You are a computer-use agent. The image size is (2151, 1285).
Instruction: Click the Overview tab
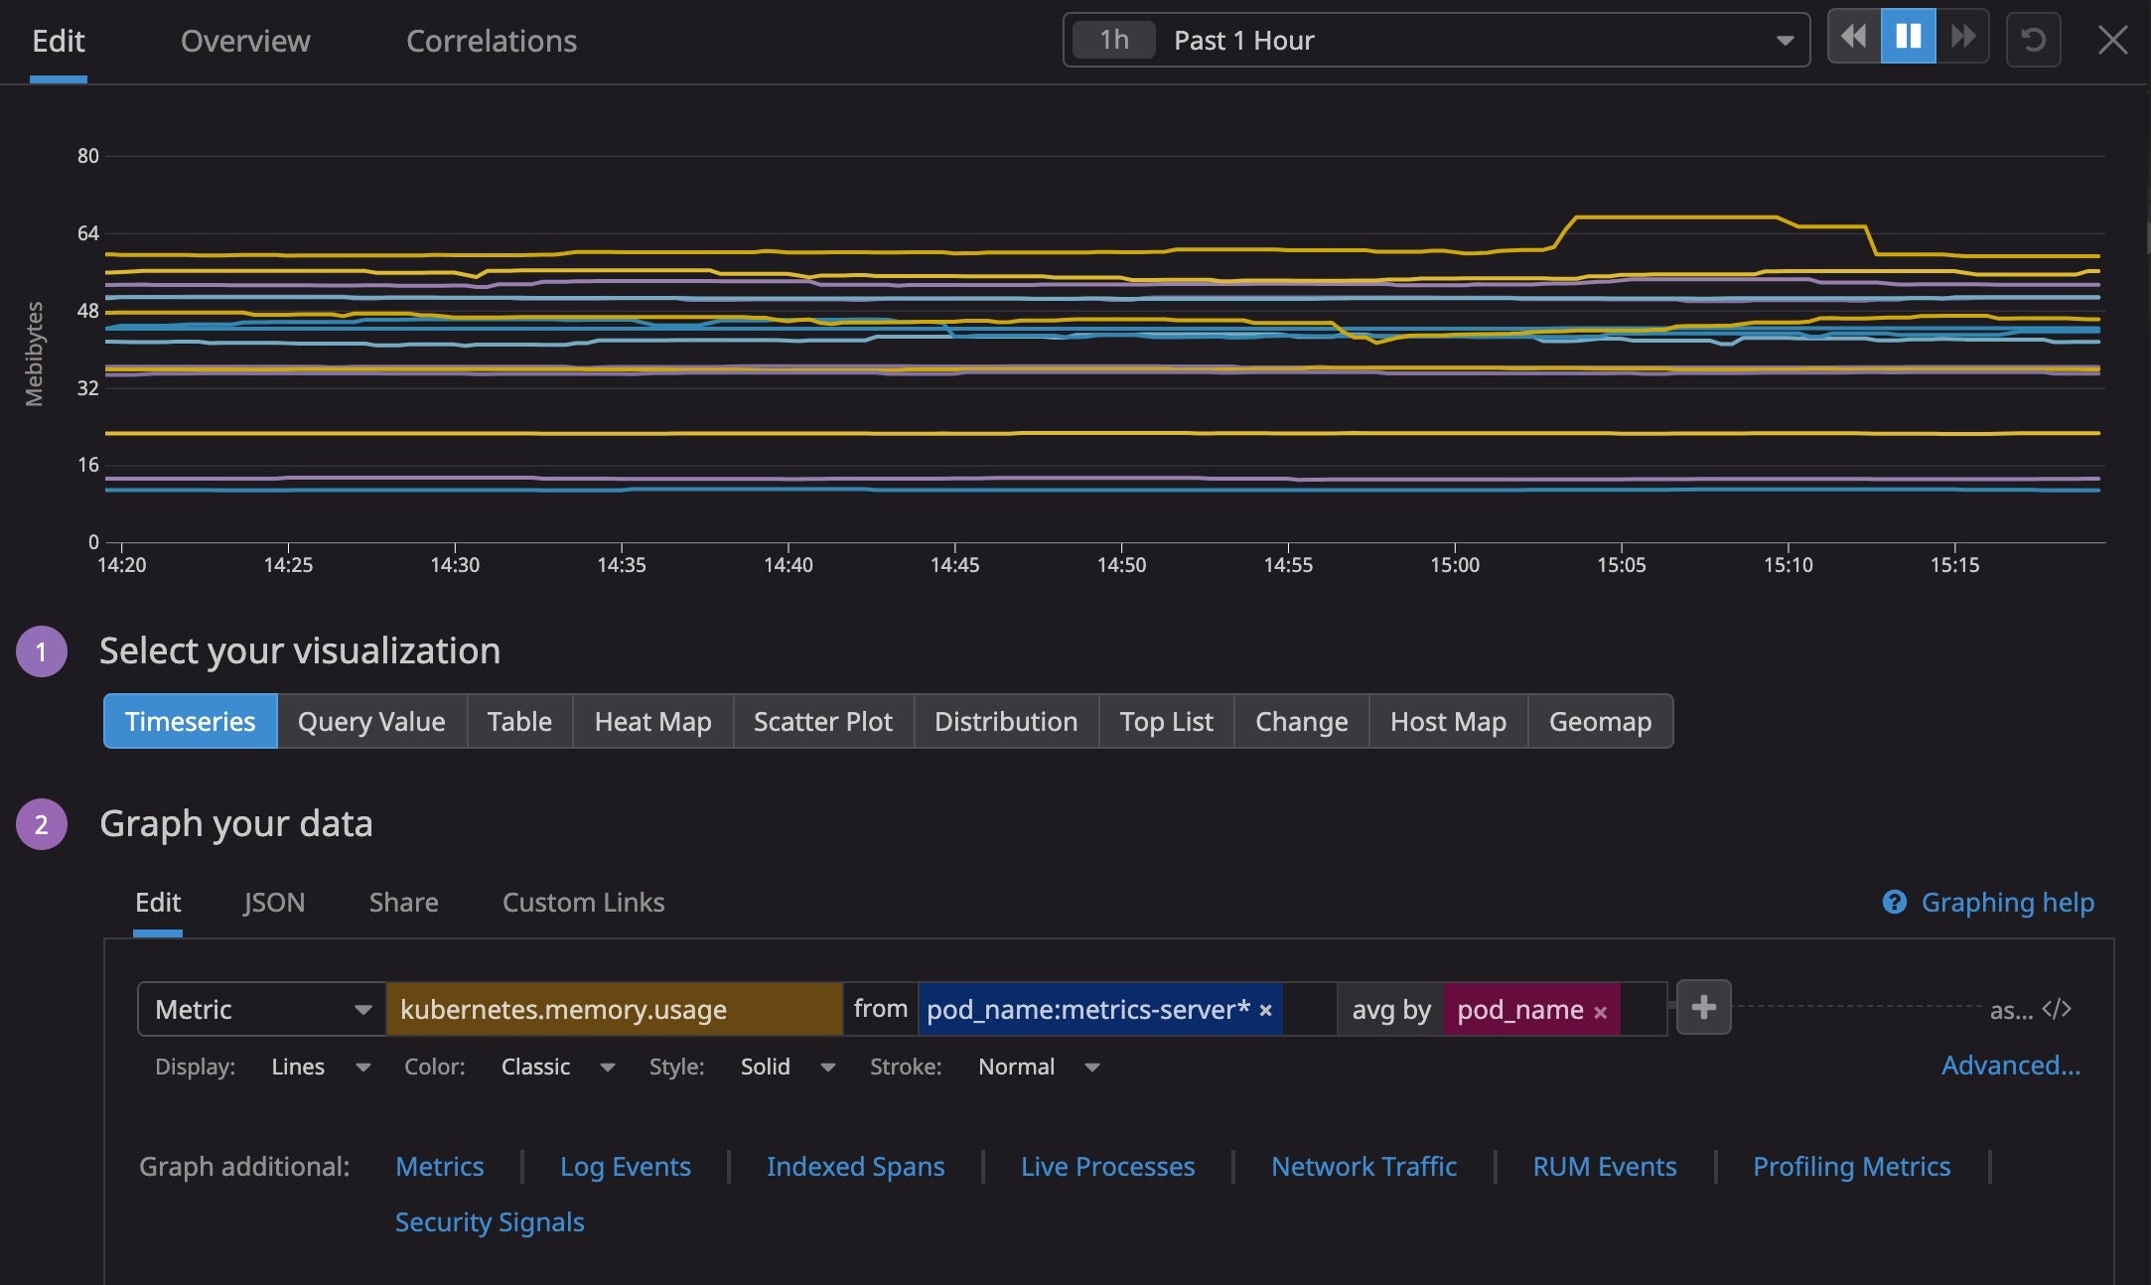point(245,41)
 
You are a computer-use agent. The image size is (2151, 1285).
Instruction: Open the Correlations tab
point(491,41)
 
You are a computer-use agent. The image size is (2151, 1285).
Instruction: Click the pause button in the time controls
point(1908,38)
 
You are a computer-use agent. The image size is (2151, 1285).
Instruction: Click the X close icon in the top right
point(2112,40)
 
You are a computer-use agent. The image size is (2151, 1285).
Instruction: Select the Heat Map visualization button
point(652,722)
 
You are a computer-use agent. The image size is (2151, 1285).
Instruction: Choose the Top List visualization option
point(1166,722)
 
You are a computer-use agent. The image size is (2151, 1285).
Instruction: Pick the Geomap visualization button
point(1600,722)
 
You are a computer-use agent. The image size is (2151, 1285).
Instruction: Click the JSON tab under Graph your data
point(274,902)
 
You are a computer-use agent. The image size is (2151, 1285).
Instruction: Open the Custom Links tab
point(583,902)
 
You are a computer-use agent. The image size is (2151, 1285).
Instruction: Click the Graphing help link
point(2006,902)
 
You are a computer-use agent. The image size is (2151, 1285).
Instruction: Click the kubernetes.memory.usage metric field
point(614,1009)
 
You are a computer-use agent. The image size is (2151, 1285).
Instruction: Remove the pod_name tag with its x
point(1600,1012)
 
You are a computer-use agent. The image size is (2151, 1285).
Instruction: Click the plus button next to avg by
point(1703,1008)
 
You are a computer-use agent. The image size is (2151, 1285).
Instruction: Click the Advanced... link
point(2010,1066)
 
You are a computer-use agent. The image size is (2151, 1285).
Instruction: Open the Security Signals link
point(490,1221)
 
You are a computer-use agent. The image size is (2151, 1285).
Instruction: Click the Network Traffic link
point(1363,1166)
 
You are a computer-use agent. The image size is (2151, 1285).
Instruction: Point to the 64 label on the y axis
point(88,233)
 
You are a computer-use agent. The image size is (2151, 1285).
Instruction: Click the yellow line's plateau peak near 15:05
point(1678,216)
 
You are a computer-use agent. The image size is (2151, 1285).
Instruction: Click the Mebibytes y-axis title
point(35,354)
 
